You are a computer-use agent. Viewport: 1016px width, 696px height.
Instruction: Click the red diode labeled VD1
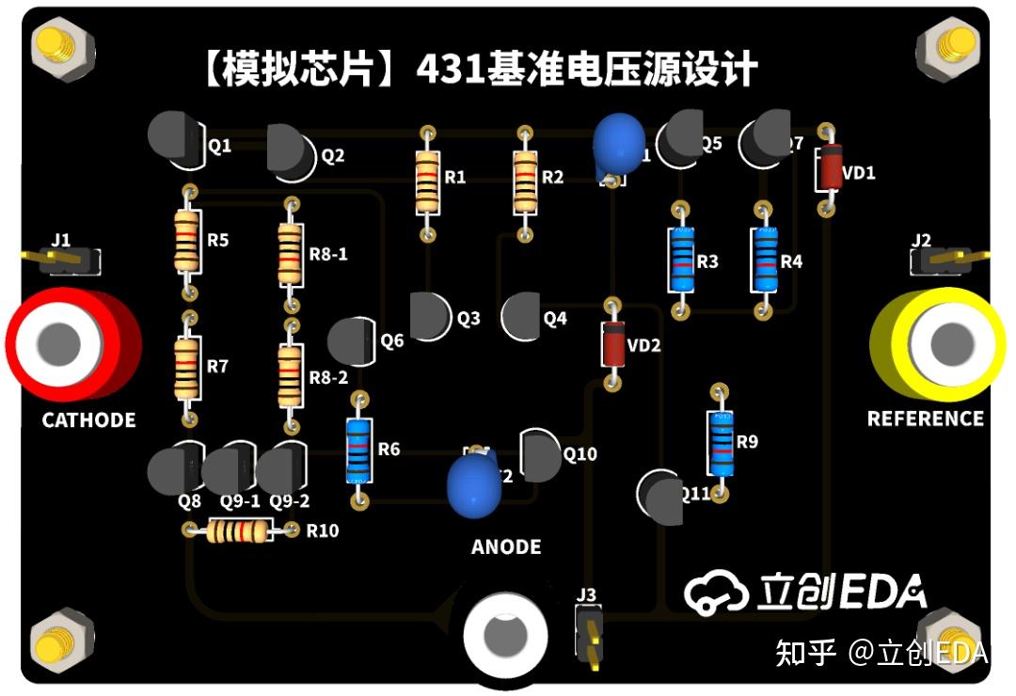point(829,170)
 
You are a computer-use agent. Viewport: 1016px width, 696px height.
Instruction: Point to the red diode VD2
point(612,343)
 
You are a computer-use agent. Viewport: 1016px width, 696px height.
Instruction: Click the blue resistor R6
point(358,450)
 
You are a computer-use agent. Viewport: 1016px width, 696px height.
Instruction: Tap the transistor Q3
point(430,316)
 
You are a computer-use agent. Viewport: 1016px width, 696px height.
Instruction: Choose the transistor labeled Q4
point(520,317)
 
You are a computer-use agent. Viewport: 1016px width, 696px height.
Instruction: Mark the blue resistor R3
point(680,261)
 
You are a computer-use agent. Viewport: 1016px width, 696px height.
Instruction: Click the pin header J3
point(590,636)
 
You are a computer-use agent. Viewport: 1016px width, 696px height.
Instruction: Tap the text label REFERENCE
point(925,419)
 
